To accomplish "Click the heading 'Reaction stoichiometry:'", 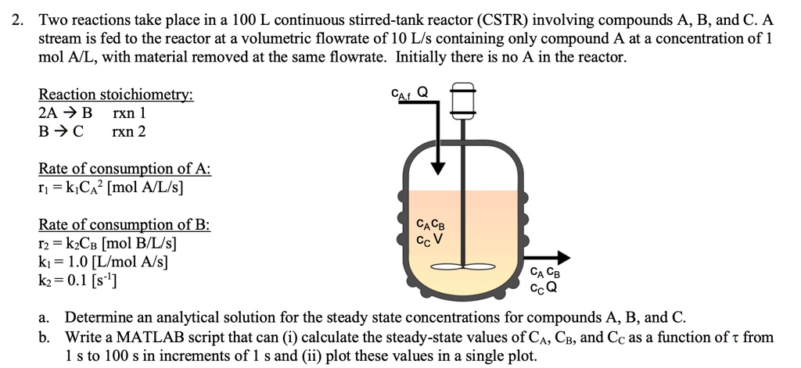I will coord(116,95).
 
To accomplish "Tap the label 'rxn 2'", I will coord(129,131).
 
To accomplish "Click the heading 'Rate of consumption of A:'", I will coord(125,169).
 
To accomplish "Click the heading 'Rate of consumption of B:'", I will coord(124,225).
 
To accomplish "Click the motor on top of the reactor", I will coord(463,100).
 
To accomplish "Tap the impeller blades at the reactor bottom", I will coord(463,267).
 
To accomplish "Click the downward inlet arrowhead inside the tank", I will coord(440,166).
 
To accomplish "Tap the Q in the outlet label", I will coord(552,287).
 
